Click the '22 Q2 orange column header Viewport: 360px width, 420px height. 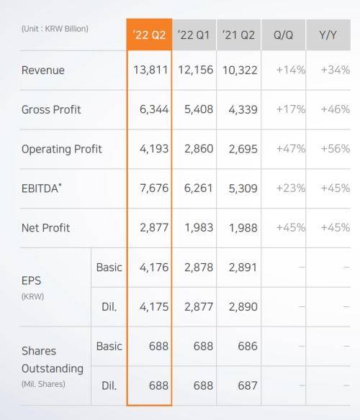tap(150, 35)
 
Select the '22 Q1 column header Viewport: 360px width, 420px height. tap(194, 35)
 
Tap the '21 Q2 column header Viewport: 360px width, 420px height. tap(239, 35)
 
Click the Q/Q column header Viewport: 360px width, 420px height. tap(284, 35)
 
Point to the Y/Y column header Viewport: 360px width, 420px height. tap(329, 35)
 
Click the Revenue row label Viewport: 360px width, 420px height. tap(43, 70)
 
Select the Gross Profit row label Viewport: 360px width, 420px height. tap(51, 110)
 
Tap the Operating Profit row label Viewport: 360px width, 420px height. tap(62, 150)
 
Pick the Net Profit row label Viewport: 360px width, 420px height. tap(46, 228)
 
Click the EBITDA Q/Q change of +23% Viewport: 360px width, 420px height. tap(291, 188)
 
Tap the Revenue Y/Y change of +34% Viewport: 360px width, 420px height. tap(336, 70)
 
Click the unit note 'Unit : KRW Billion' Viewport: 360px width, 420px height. tap(55, 29)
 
